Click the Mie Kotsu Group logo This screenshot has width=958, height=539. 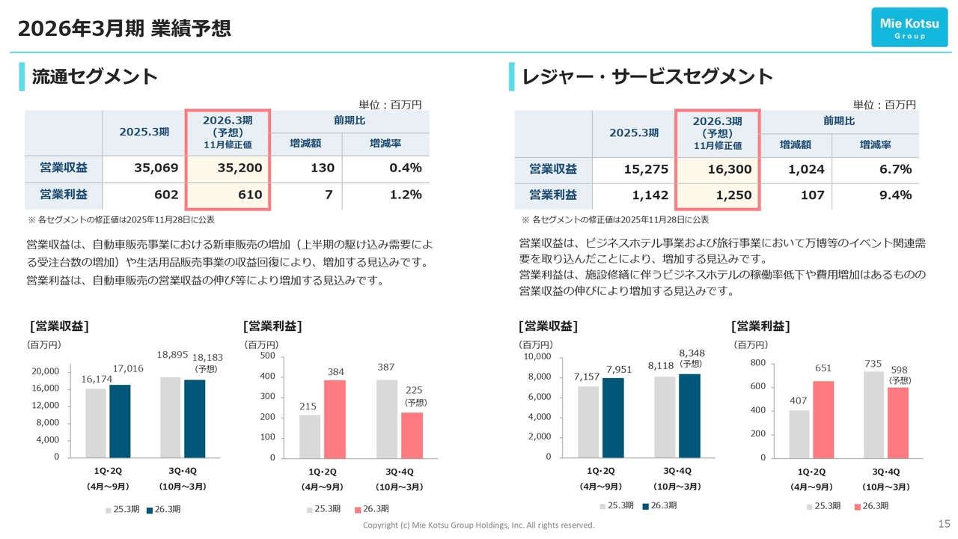[x=909, y=28]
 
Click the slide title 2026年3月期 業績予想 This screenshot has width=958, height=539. [x=123, y=28]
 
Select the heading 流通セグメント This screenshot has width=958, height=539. [x=94, y=76]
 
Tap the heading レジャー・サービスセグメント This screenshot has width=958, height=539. [x=647, y=76]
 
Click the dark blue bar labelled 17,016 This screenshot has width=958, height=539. [x=120, y=421]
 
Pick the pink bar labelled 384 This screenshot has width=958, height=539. [x=335, y=418]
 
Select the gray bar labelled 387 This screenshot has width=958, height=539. [x=387, y=418]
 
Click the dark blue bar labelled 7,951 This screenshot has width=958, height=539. [x=613, y=417]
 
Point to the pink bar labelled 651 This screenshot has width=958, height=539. [x=823, y=418]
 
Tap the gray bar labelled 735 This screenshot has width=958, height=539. [x=874, y=414]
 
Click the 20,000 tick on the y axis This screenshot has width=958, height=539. [x=46, y=371]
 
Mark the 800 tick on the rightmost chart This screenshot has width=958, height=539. [x=757, y=363]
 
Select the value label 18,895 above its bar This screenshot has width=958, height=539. [x=172, y=354]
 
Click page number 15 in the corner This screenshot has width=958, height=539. [x=944, y=523]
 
